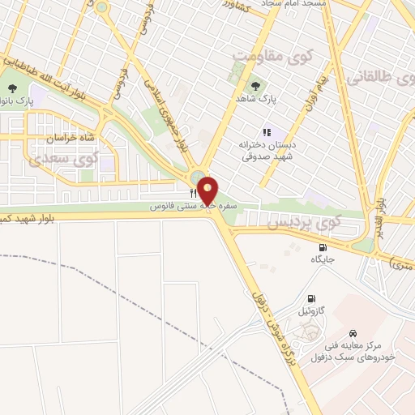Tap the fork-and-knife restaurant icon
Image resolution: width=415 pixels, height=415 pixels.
click(x=193, y=194)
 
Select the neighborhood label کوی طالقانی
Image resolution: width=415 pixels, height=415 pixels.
click(x=382, y=78)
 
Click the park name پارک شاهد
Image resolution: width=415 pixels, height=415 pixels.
click(x=262, y=97)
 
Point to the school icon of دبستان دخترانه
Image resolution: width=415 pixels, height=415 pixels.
click(x=266, y=132)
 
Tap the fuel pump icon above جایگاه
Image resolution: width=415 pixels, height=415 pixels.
click(x=323, y=247)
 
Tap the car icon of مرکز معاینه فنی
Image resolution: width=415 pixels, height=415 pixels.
click(x=353, y=332)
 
